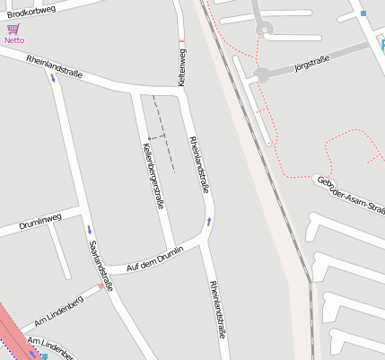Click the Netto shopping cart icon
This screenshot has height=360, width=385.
pos(13,29)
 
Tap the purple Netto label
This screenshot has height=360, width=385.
pos(13,40)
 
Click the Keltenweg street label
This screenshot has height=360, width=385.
pos(182,68)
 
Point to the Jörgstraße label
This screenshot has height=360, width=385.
pos(311,63)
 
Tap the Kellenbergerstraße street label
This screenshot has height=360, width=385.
pos(153,177)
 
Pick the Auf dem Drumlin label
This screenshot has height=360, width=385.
pos(155,257)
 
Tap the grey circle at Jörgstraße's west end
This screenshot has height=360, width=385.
pos(262,75)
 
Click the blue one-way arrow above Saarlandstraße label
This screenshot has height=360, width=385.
pos(89,230)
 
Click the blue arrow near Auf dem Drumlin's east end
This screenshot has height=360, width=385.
pos(209,221)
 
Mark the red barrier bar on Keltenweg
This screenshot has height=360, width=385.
pos(182,41)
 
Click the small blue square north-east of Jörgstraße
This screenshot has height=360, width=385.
pos(363,13)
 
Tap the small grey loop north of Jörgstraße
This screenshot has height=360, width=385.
pos(264,29)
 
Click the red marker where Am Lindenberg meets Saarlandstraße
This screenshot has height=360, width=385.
pos(100,287)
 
